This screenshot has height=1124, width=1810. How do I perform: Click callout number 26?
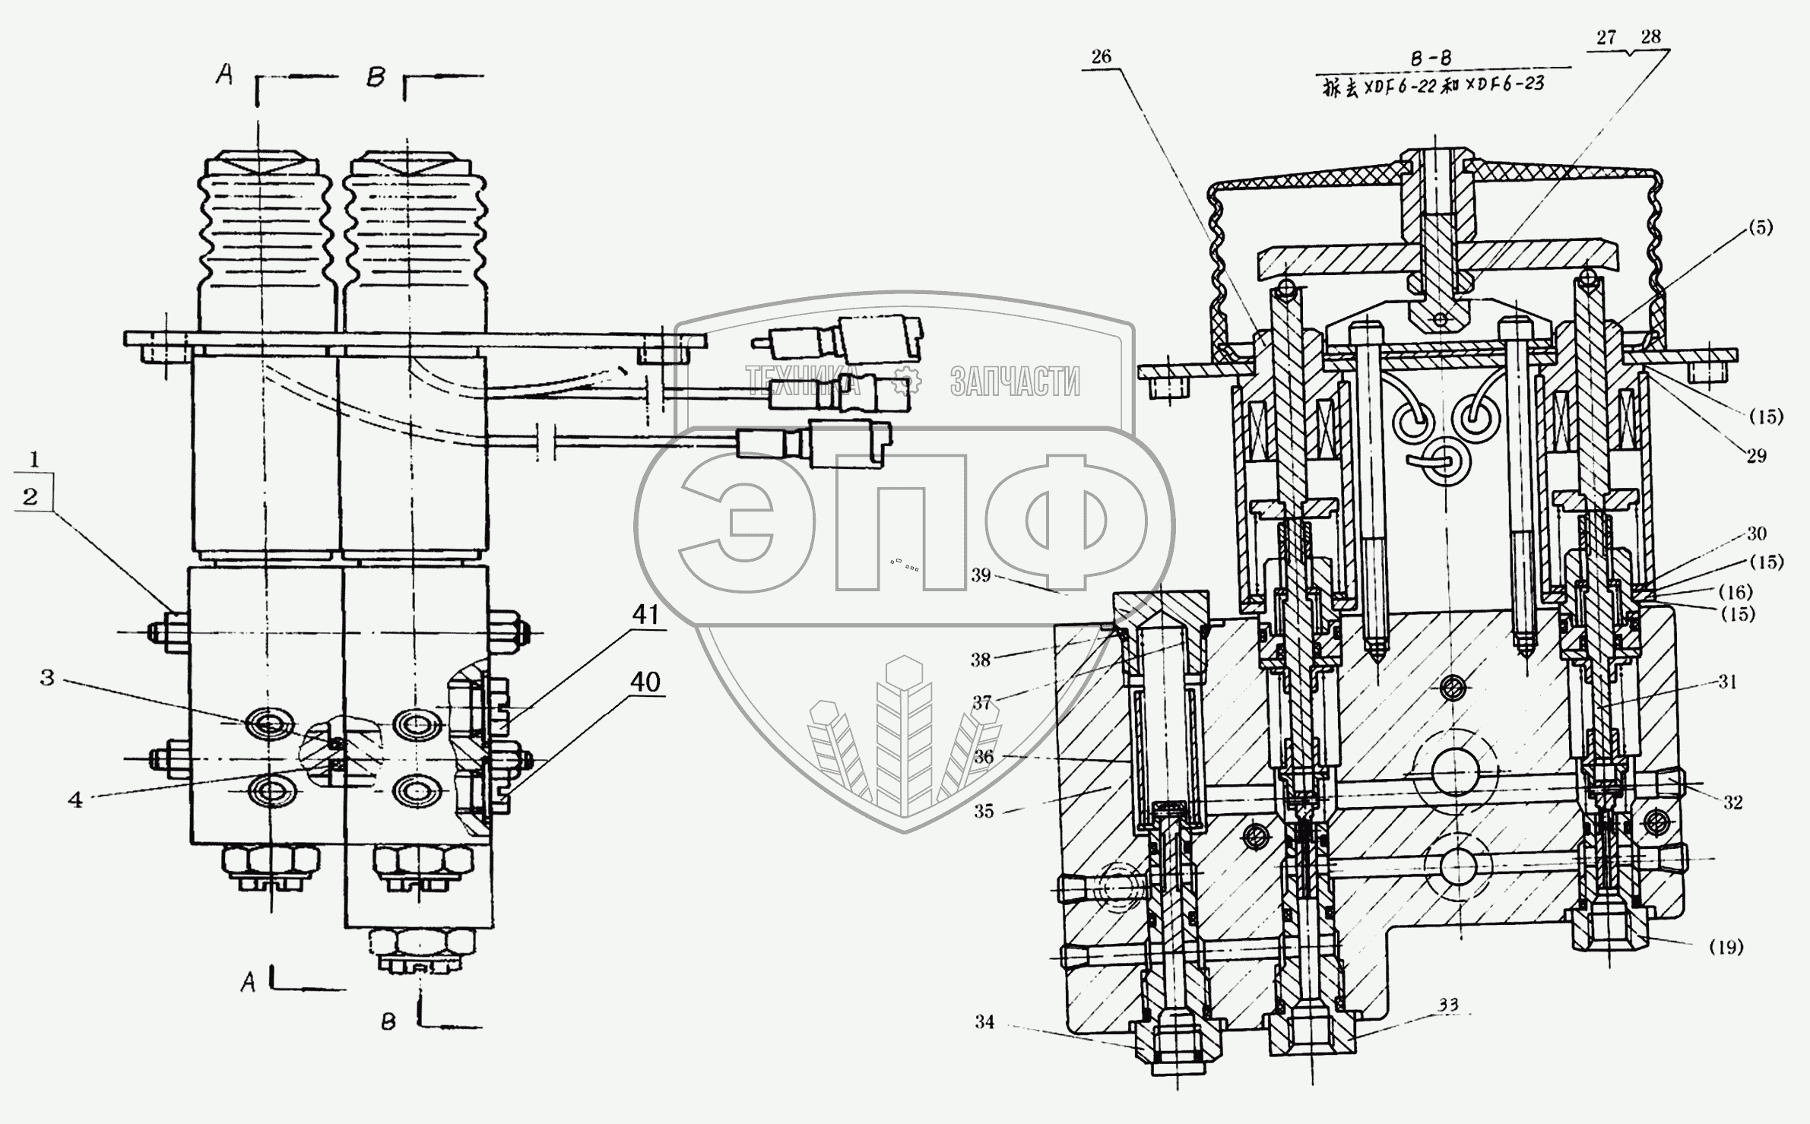pos(1101,56)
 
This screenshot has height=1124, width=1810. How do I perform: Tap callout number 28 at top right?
pos(1650,36)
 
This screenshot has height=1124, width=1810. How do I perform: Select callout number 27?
pos(1606,38)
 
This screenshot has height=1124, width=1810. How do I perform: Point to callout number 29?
pos(1756,455)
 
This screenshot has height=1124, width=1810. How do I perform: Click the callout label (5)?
pos(1759,226)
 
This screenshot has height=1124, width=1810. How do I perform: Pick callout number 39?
pos(981,575)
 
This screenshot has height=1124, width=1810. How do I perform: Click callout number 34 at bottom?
pos(984,1022)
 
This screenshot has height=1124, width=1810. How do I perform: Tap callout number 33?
pos(1448,1005)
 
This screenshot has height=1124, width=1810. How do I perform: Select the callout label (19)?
pos(1726,947)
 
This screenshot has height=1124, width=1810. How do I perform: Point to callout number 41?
pos(645,614)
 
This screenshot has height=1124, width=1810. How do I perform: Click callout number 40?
pos(645,682)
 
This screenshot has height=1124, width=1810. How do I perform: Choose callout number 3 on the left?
pos(47,677)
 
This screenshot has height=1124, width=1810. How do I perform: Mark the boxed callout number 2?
pos(30,497)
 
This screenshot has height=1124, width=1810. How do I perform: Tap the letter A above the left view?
pos(223,74)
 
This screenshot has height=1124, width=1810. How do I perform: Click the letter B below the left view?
pos(388,1022)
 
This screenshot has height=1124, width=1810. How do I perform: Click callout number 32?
pos(1732,803)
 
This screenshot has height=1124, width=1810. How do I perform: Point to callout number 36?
pos(984,757)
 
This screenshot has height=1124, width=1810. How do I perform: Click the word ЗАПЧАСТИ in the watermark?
pos(1015,382)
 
